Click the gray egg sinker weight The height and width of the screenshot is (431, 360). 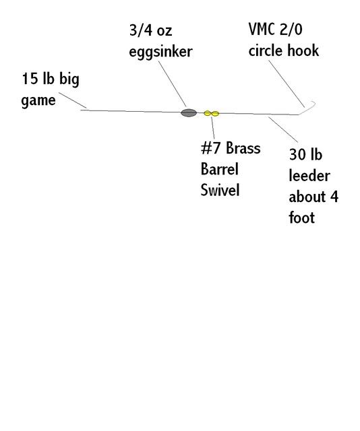[x=189, y=112]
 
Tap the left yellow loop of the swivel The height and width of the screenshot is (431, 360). [x=208, y=113]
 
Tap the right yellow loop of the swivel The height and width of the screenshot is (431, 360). [x=215, y=113]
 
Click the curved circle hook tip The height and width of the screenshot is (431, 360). [x=313, y=103]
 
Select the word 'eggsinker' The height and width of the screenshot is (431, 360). [x=160, y=52]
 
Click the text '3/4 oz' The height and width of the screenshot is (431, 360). [x=151, y=30]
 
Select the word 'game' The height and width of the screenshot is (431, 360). [x=38, y=100]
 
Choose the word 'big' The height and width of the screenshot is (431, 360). [x=69, y=79]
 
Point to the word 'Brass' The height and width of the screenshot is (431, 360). [x=243, y=148]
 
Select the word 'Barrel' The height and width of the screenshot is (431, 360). [x=220, y=169]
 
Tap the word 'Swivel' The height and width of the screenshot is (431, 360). [x=220, y=190]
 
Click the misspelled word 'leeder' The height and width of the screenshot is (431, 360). [x=309, y=175]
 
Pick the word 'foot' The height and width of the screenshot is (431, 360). [x=302, y=217]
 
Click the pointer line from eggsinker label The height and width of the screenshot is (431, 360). [x=173, y=84]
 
